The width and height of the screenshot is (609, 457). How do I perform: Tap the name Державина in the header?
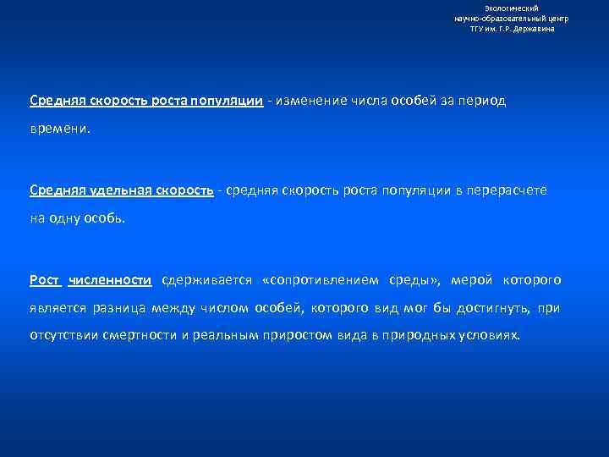tap(535, 29)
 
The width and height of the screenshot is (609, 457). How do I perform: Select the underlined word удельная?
tap(117, 190)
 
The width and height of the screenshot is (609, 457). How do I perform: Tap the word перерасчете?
tap(507, 190)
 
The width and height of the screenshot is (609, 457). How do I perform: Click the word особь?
tap(104, 221)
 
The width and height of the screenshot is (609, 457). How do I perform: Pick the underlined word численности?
tap(110, 280)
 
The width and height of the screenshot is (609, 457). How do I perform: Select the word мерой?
tap(472, 280)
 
